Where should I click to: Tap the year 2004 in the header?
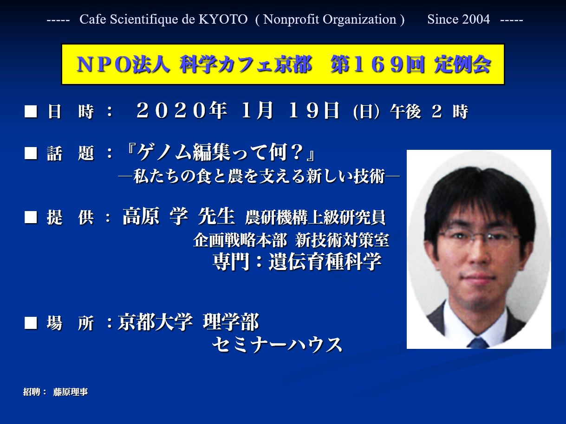pyautogui.click(x=476, y=19)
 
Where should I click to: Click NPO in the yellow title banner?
pyautogui.click(x=104, y=64)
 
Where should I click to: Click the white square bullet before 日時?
pyautogui.click(x=31, y=111)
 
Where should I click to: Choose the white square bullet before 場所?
pyautogui.click(x=31, y=323)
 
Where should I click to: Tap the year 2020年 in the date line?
pyautogui.click(x=182, y=111)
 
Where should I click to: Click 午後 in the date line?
pyautogui.click(x=405, y=111)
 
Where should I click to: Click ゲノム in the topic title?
pyautogui.click(x=165, y=152)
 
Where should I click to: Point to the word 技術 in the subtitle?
pyautogui.click(x=369, y=176)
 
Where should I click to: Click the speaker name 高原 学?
pyautogui.click(x=155, y=216)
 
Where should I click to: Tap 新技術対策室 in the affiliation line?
pyautogui.click(x=342, y=241)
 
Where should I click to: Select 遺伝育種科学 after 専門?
pyautogui.click(x=325, y=262)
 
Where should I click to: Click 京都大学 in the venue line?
pyautogui.click(x=155, y=322)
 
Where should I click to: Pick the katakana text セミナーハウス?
pyautogui.click(x=277, y=345)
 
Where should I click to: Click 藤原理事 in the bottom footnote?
pyautogui.click(x=71, y=392)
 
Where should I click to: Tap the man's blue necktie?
pyautogui.click(x=478, y=343)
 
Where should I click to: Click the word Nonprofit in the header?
pyautogui.click(x=291, y=19)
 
